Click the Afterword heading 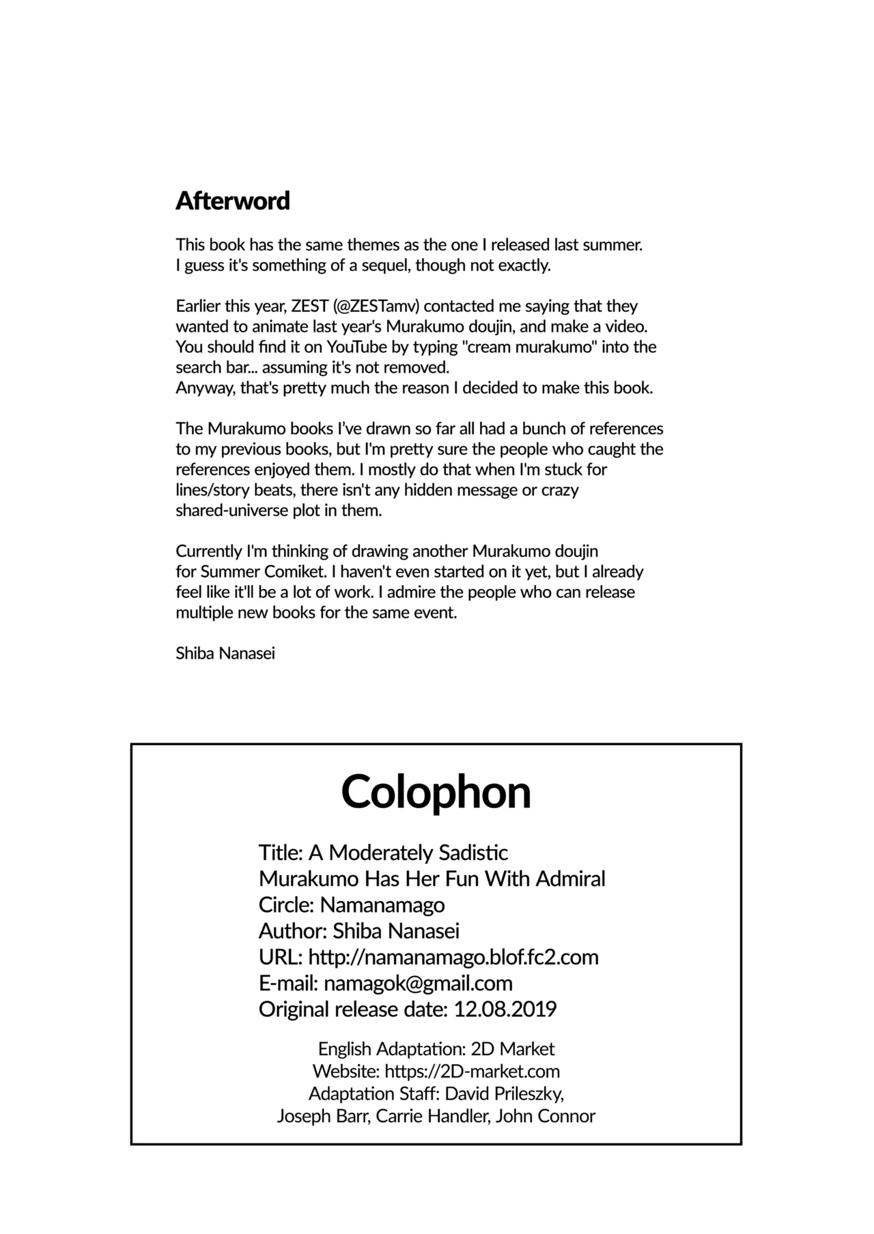(233, 201)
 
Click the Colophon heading (436, 792)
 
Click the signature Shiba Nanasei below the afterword (225, 653)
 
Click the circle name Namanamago (382, 905)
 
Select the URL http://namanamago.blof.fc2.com (453, 957)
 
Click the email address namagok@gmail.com (418, 983)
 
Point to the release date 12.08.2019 (505, 1009)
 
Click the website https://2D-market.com (473, 1071)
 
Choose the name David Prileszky (504, 1094)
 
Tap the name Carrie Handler (433, 1117)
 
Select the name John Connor (546, 1117)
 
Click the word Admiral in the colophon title (571, 879)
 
